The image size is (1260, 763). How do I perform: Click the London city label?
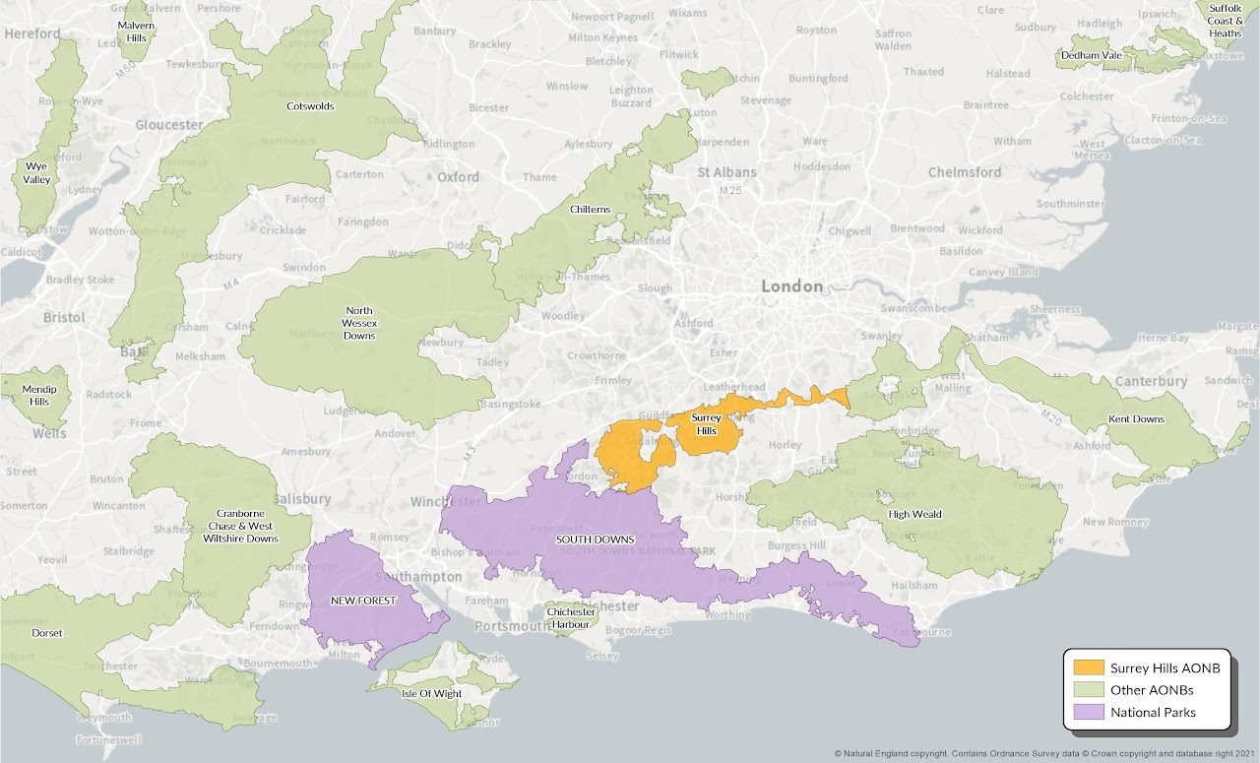791,286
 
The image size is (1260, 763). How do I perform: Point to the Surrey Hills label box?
706,424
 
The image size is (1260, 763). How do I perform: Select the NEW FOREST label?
363,601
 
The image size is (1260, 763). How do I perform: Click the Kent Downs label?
1136,419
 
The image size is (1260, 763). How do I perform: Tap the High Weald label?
914,514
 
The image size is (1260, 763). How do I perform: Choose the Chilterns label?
590,210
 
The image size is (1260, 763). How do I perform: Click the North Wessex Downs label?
358,322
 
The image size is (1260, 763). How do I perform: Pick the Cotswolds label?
310,106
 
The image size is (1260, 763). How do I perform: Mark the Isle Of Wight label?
431,693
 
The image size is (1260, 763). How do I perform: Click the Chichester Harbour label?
570,618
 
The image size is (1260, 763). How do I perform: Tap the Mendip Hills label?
39,396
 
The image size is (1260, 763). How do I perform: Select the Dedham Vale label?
1091,55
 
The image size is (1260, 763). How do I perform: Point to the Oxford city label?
458,177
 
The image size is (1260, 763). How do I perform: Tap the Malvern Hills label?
135,30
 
